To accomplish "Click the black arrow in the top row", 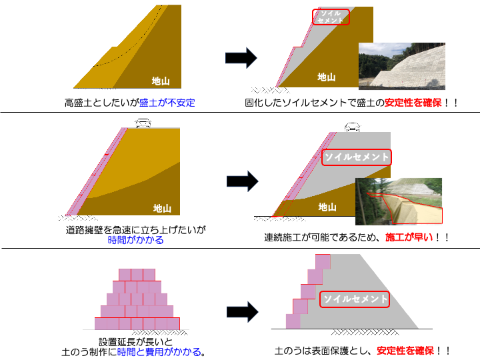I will pos(241,57).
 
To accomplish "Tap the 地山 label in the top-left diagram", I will pos(160,81).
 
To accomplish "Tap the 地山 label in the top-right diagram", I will pos(326,77).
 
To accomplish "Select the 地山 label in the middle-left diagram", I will pos(161,208).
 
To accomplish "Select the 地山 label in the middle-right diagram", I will pos(327,206).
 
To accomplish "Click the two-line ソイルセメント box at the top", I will pos(331,17).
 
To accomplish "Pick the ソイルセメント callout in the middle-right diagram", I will pos(356,157).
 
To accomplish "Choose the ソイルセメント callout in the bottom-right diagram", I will pos(355,299).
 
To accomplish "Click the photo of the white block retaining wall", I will pos(401,66).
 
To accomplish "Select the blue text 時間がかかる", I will pos(135,239).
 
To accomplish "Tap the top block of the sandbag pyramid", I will pos(137,274).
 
